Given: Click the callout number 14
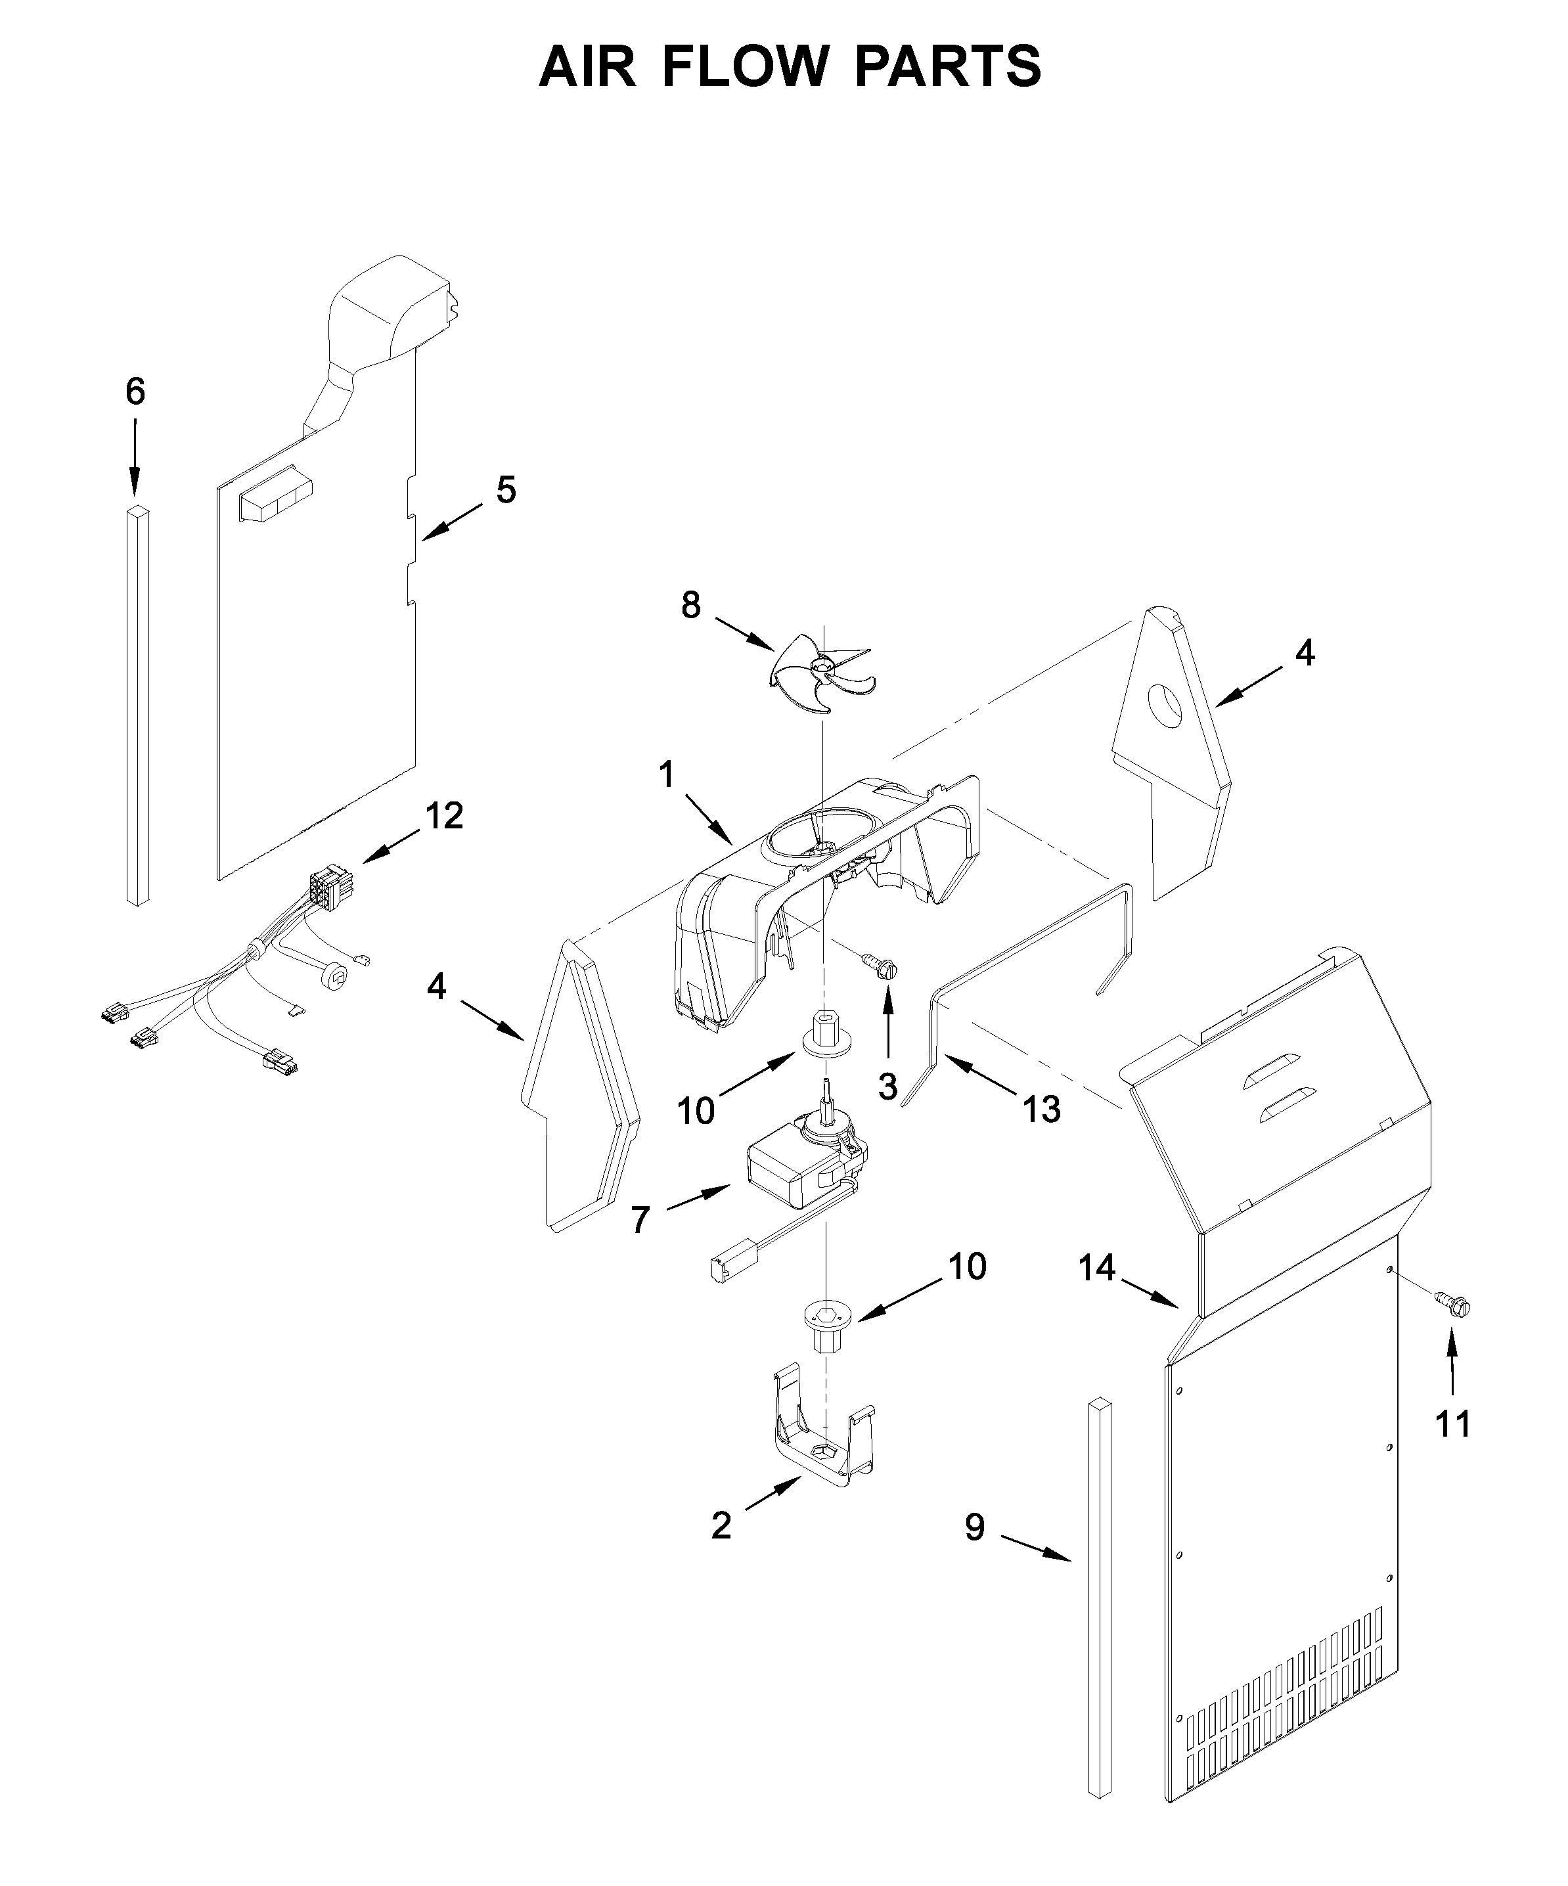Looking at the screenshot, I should [x=1096, y=1268].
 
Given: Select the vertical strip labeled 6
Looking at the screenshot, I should [x=137, y=705].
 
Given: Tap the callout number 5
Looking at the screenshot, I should [x=506, y=490].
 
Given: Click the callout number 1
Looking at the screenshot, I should [x=666, y=774].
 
